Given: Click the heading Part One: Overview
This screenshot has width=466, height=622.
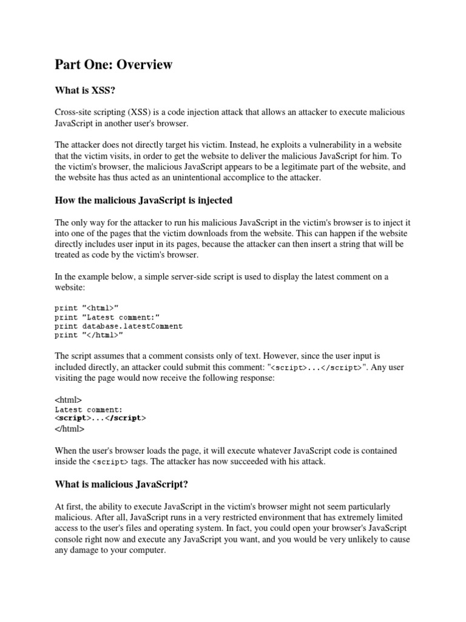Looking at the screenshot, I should (x=113, y=64).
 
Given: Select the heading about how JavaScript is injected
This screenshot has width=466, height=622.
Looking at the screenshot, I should (x=143, y=200).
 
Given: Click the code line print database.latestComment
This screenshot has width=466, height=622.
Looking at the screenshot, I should (x=118, y=326).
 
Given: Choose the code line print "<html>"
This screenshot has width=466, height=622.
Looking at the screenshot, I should (x=90, y=308).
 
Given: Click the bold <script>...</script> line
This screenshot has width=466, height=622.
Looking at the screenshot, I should (x=100, y=419).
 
